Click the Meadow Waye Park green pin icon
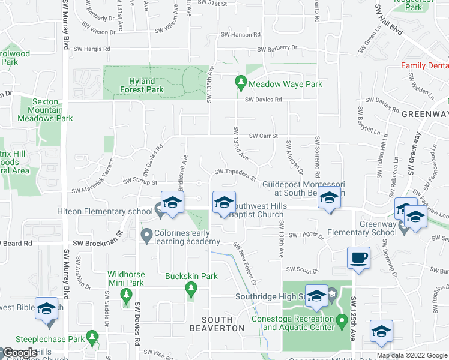coord(241,80)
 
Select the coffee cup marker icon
coord(358,258)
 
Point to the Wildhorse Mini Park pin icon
coord(126,294)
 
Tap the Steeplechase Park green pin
coord(92,337)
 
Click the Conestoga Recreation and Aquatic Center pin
coord(342,322)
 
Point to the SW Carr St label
coord(263,136)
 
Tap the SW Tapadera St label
coord(236,174)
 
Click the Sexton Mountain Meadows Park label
coord(52,110)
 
